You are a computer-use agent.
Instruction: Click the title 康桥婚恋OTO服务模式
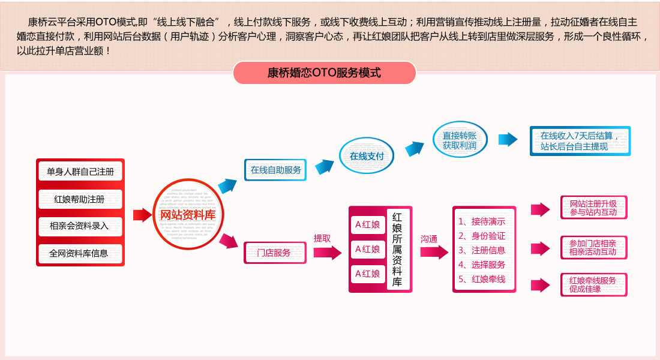pyautogui.click(x=324, y=73)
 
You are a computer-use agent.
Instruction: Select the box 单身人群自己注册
pyautogui.click(x=80, y=172)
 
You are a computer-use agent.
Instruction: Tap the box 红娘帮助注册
pyautogui.click(x=80, y=199)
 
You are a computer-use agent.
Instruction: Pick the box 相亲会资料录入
pyautogui.click(x=80, y=226)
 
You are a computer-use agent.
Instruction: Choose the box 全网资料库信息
pyautogui.click(x=80, y=253)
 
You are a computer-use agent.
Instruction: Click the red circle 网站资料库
pyautogui.click(x=188, y=215)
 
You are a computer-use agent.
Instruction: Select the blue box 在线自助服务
pyautogui.click(x=276, y=170)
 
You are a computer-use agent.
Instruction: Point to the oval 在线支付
pyautogui.click(x=367, y=156)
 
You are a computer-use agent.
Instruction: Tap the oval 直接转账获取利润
pyautogui.click(x=460, y=140)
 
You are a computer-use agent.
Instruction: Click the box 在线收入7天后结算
pyautogui.click(x=580, y=141)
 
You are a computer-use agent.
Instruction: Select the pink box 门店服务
pyautogui.click(x=275, y=253)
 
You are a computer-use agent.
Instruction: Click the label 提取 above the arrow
pyautogui.click(x=322, y=238)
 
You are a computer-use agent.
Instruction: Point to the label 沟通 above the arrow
pyautogui.click(x=428, y=239)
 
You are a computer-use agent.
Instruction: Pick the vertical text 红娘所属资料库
pyautogui.click(x=397, y=249)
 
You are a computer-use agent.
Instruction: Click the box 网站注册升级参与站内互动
pyautogui.click(x=593, y=208)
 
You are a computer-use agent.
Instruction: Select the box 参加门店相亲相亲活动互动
pyautogui.click(x=593, y=247)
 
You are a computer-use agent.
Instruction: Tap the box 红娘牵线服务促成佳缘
pyautogui.click(x=593, y=284)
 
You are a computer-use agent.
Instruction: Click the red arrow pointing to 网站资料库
pyautogui.click(x=142, y=215)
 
